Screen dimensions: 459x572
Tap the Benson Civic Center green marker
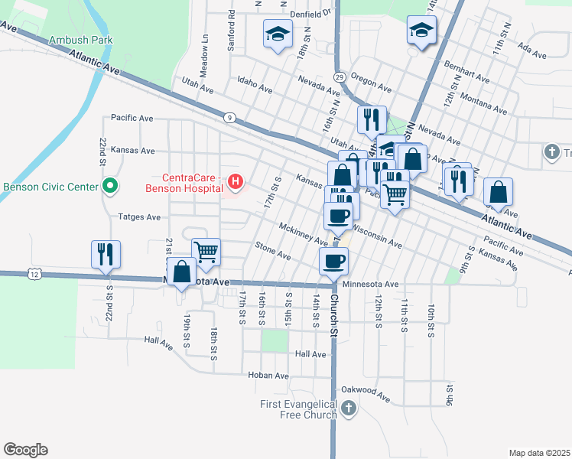click(110, 186)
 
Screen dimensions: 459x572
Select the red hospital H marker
click(236, 182)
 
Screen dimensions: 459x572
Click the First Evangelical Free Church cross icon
click(349, 407)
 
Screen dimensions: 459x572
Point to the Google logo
click(25, 450)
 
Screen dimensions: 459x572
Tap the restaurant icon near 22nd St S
click(106, 253)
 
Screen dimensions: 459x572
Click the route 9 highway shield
click(229, 117)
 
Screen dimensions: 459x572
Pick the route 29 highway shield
click(340, 77)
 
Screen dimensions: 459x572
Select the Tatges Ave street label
click(139, 217)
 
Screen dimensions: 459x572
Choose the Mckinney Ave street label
click(304, 233)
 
